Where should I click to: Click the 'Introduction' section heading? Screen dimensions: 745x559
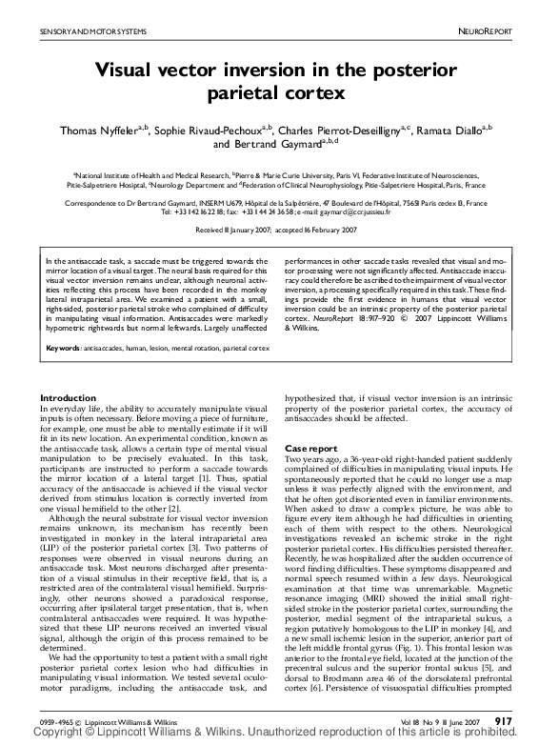tap(74, 397)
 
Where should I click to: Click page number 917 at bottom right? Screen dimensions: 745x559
tap(505, 721)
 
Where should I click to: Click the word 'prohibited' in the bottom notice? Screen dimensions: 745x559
tap(524, 735)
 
